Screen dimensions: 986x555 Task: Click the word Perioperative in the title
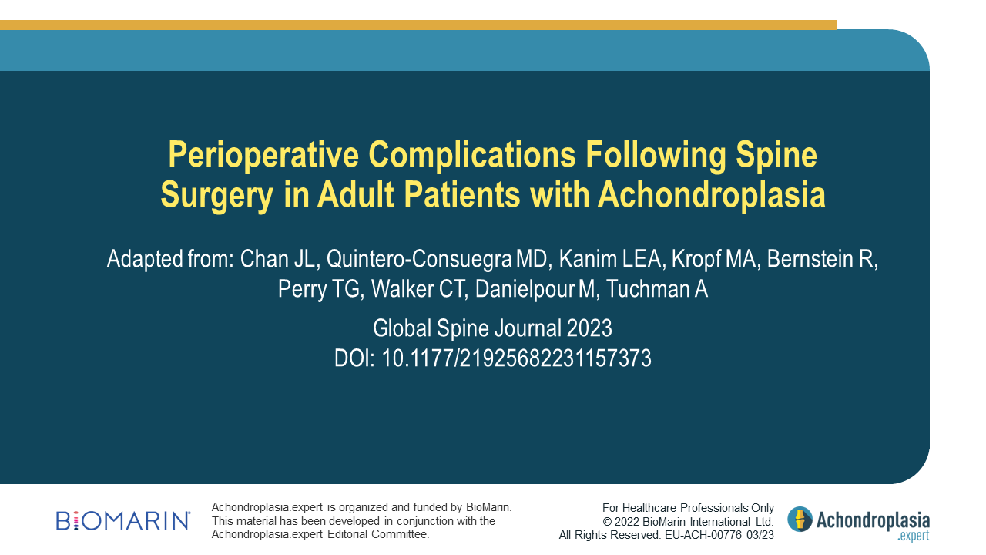pyautogui.click(x=263, y=155)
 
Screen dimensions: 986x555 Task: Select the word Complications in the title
pyautogui.click(x=472, y=155)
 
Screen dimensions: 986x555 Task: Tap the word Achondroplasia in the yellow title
pyautogui.click(x=711, y=194)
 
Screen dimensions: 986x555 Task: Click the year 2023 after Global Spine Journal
pyautogui.click(x=589, y=328)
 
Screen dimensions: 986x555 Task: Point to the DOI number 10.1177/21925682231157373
pyautogui.click(x=516, y=358)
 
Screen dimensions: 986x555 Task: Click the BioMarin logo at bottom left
pyautogui.click(x=122, y=521)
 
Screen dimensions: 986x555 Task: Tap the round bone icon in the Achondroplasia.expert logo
pyautogui.click(x=800, y=520)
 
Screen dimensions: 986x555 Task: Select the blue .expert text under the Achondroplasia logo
pyautogui.click(x=914, y=536)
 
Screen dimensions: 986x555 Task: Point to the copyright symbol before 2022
pyautogui.click(x=607, y=522)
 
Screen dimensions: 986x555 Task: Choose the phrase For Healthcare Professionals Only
pyautogui.click(x=688, y=508)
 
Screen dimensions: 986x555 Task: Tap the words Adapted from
pyautogui.click(x=170, y=259)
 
